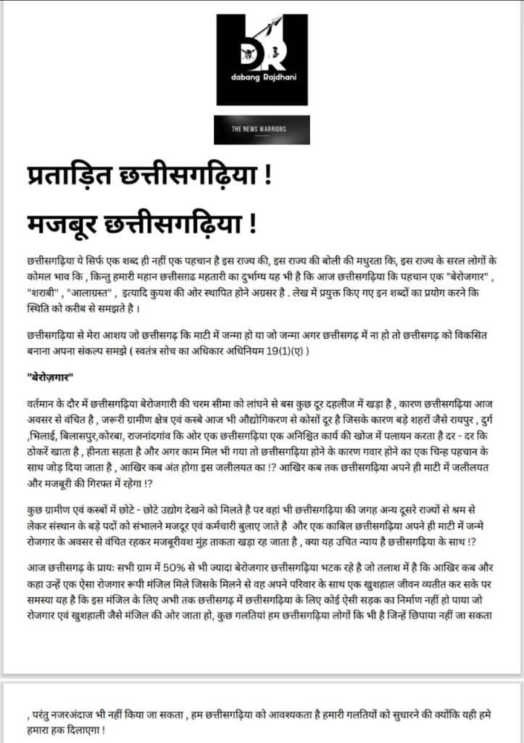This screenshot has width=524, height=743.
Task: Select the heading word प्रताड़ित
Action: click(67, 177)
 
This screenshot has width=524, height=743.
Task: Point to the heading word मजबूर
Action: click(56, 221)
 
